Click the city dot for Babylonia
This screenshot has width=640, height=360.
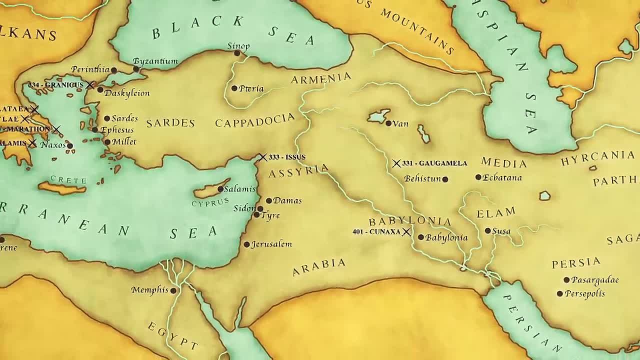[421, 237]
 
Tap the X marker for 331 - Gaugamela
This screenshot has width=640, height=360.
[396, 163]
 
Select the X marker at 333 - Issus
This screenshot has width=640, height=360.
[262, 157]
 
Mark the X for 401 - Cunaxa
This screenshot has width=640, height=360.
[406, 232]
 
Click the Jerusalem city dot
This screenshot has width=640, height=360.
[246, 244]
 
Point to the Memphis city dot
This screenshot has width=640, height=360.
[173, 290]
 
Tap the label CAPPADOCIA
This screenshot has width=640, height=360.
[255, 120]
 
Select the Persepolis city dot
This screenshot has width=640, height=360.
[560, 294]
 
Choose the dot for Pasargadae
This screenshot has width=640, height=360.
[566, 280]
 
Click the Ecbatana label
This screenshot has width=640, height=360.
[502, 177]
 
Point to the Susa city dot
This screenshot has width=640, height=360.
[488, 231]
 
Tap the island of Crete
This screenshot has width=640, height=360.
[62, 188]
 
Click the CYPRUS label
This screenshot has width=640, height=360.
[210, 202]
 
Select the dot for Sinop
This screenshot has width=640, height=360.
[237, 53]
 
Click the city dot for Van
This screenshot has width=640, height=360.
[388, 123]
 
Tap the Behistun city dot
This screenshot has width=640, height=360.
[445, 179]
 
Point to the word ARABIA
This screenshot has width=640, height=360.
[319, 266]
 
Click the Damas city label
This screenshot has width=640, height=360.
[287, 200]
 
